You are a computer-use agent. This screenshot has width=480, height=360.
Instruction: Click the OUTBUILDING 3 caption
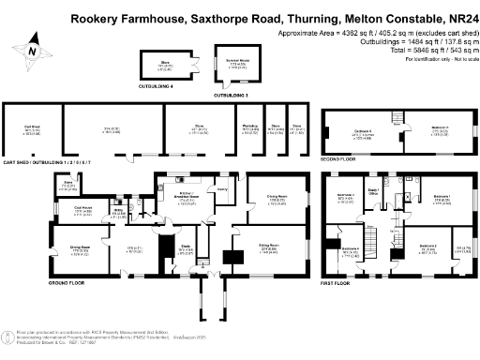pos(230,95)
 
